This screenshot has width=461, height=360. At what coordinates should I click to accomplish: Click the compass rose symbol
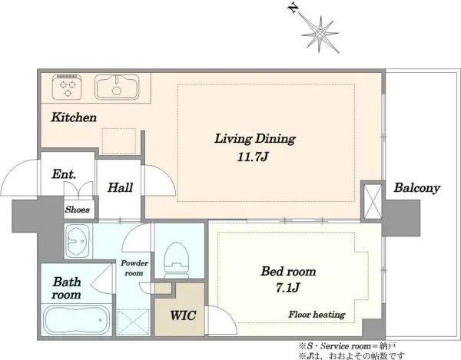[320, 35]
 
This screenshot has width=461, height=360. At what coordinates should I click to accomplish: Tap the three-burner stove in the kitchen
[68, 88]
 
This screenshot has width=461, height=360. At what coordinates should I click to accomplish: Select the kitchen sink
[117, 87]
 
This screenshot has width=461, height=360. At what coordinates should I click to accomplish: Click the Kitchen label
[74, 117]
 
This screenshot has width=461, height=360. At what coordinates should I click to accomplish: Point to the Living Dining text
[254, 139]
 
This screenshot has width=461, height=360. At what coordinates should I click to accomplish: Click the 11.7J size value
[253, 157]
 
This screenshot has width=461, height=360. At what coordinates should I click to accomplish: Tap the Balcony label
[417, 188]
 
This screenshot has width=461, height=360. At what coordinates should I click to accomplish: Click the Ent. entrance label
[64, 174]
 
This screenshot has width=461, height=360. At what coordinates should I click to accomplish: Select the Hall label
[121, 187]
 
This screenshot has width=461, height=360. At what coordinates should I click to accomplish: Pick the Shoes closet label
[78, 210]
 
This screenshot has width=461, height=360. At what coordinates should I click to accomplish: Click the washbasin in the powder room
[78, 241]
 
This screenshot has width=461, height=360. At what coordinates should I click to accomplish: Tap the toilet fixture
[177, 260]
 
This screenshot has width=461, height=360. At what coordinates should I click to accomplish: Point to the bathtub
[76, 320]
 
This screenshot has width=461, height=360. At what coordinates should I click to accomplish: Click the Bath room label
[67, 289]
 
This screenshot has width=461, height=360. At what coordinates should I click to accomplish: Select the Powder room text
[134, 268]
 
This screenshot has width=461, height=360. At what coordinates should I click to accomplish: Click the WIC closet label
[183, 315]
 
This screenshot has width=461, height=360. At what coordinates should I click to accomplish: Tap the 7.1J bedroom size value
[287, 288]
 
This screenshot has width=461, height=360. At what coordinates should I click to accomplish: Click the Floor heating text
[317, 315]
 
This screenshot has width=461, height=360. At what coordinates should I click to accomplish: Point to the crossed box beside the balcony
[373, 201]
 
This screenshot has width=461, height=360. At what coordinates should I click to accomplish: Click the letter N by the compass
[293, 8]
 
